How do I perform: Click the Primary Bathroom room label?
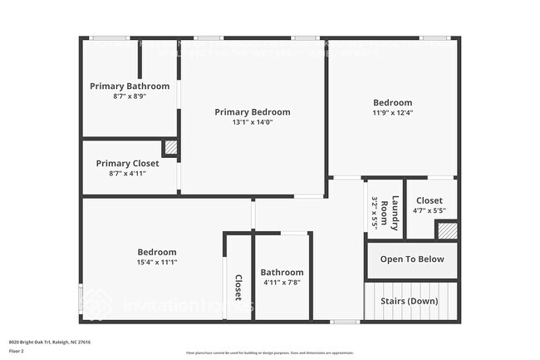[130, 86]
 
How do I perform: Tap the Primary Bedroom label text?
[253, 112]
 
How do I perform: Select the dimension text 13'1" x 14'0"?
[253, 122]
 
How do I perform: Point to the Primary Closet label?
[127, 164]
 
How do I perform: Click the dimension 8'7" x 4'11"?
[127, 174]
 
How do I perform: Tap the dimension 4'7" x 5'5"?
[430, 211]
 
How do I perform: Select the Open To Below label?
[412, 259]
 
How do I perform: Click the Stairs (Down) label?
[409, 301]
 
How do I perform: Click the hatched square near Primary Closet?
[170, 148]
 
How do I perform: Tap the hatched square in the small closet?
[448, 231]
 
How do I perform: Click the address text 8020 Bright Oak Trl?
[49, 342]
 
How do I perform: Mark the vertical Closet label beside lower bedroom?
[238, 286]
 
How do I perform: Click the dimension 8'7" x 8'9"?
[130, 96]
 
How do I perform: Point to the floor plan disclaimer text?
[270, 352]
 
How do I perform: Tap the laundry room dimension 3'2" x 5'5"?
[375, 212]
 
